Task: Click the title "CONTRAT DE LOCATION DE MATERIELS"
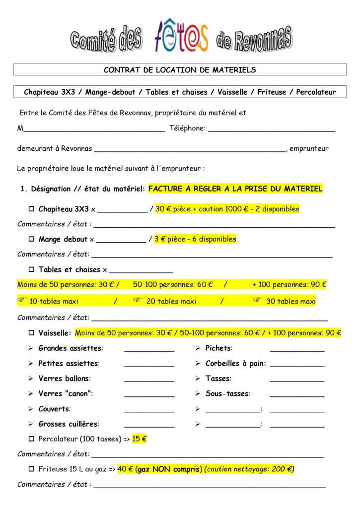click(180, 70)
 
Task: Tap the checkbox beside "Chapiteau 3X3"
click(31, 209)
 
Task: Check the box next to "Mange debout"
click(31, 240)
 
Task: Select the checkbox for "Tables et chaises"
click(31, 270)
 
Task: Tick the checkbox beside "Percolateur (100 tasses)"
click(31, 439)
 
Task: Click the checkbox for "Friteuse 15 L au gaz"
click(31, 469)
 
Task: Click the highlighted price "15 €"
click(140, 439)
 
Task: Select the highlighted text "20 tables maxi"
click(171, 302)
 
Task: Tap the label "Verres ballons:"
click(64, 379)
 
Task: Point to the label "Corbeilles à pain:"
click(235, 364)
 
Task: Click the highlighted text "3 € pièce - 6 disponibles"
click(195, 239)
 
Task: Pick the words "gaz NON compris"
click(168, 469)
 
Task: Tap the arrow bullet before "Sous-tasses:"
click(198, 394)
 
